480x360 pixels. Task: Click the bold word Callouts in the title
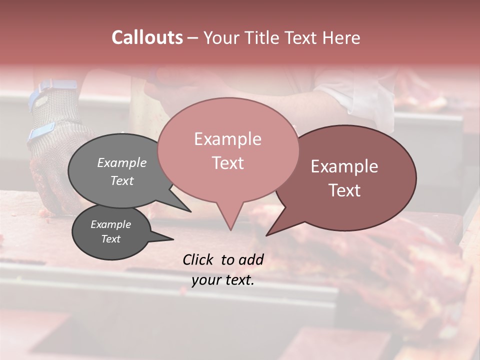pos(147,37)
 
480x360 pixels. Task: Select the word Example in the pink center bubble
pos(227,139)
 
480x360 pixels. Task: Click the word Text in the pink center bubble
pos(227,163)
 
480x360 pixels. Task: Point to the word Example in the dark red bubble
pos(344,166)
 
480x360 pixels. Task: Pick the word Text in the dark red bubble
pos(344,190)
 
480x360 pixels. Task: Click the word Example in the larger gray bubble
pos(122,163)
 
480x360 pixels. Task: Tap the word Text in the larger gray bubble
pos(122,180)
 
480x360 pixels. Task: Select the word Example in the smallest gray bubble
pos(111,224)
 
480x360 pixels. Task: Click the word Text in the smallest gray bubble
pos(111,239)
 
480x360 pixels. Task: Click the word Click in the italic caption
pos(198,259)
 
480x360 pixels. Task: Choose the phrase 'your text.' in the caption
pos(223,280)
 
